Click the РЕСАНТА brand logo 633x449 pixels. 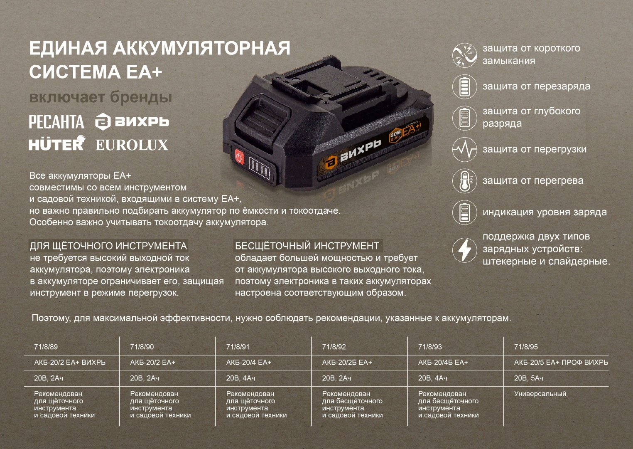click(56, 122)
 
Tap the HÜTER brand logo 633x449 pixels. click(57, 143)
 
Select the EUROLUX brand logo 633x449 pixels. click(132, 145)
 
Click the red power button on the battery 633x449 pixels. click(239, 157)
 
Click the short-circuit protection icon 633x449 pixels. click(465, 55)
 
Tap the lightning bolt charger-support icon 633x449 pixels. click(465, 250)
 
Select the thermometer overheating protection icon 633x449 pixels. click(465, 181)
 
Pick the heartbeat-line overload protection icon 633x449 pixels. click(465, 149)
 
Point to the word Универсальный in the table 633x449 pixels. click(540, 394)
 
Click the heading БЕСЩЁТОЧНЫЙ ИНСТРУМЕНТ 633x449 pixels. click(307, 246)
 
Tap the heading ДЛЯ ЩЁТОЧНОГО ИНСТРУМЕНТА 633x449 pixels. click(108, 246)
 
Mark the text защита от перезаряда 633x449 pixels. click(536, 86)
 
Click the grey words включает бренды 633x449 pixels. click(101, 97)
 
